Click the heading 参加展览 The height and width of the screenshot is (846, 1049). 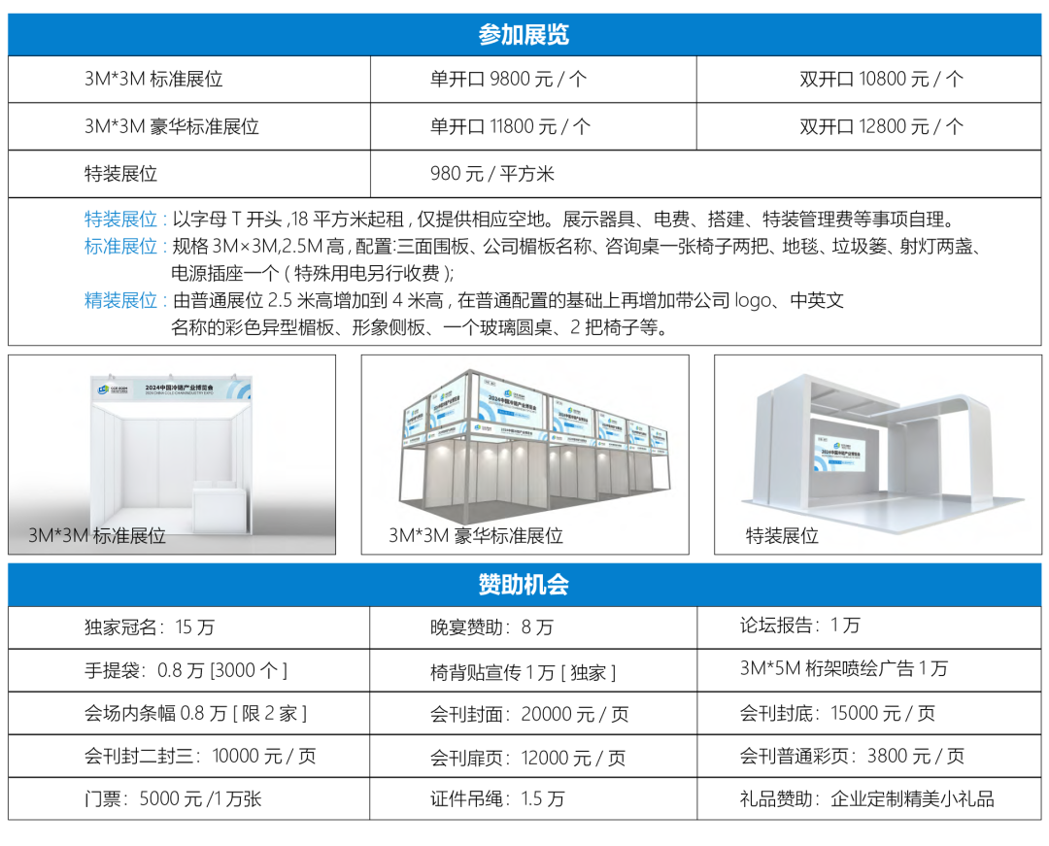click(x=524, y=35)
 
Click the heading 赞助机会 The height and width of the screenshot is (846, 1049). click(x=524, y=585)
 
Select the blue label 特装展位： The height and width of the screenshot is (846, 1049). click(x=127, y=220)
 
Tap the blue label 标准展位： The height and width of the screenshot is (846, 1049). click(x=127, y=247)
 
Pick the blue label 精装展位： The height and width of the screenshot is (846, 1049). click(x=127, y=300)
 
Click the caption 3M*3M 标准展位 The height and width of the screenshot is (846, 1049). click(x=97, y=535)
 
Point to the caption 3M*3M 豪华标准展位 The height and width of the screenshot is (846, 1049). click(x=476, y=535)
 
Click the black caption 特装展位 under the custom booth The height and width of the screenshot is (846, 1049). click(x=782, y=535)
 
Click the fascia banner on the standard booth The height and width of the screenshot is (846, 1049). click(x=172, y=389)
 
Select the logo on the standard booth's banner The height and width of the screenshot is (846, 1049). click(x=106, y=389)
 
